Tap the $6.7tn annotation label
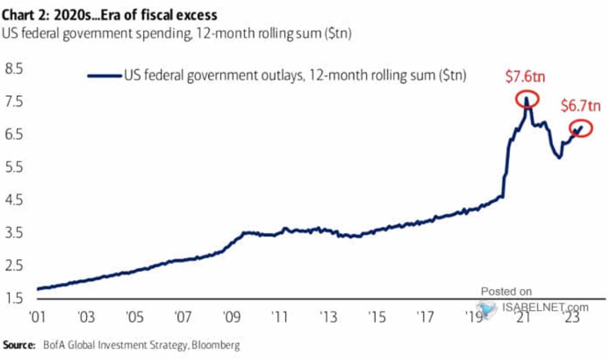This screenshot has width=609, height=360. [x=581, y=106]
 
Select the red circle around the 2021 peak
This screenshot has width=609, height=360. [x=527, y=99]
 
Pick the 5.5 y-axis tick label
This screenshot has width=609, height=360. [x=14, y=167]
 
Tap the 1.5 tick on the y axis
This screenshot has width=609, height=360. [x=14, y=298]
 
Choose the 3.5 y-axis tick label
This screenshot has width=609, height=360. [x=14, y=233]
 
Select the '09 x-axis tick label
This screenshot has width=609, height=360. [x=231, y=319]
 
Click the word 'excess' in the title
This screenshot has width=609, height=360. [x=196, y=16]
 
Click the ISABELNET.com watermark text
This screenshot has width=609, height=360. [x=545, y=307]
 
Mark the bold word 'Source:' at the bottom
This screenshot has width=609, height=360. [x=19, y=346]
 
